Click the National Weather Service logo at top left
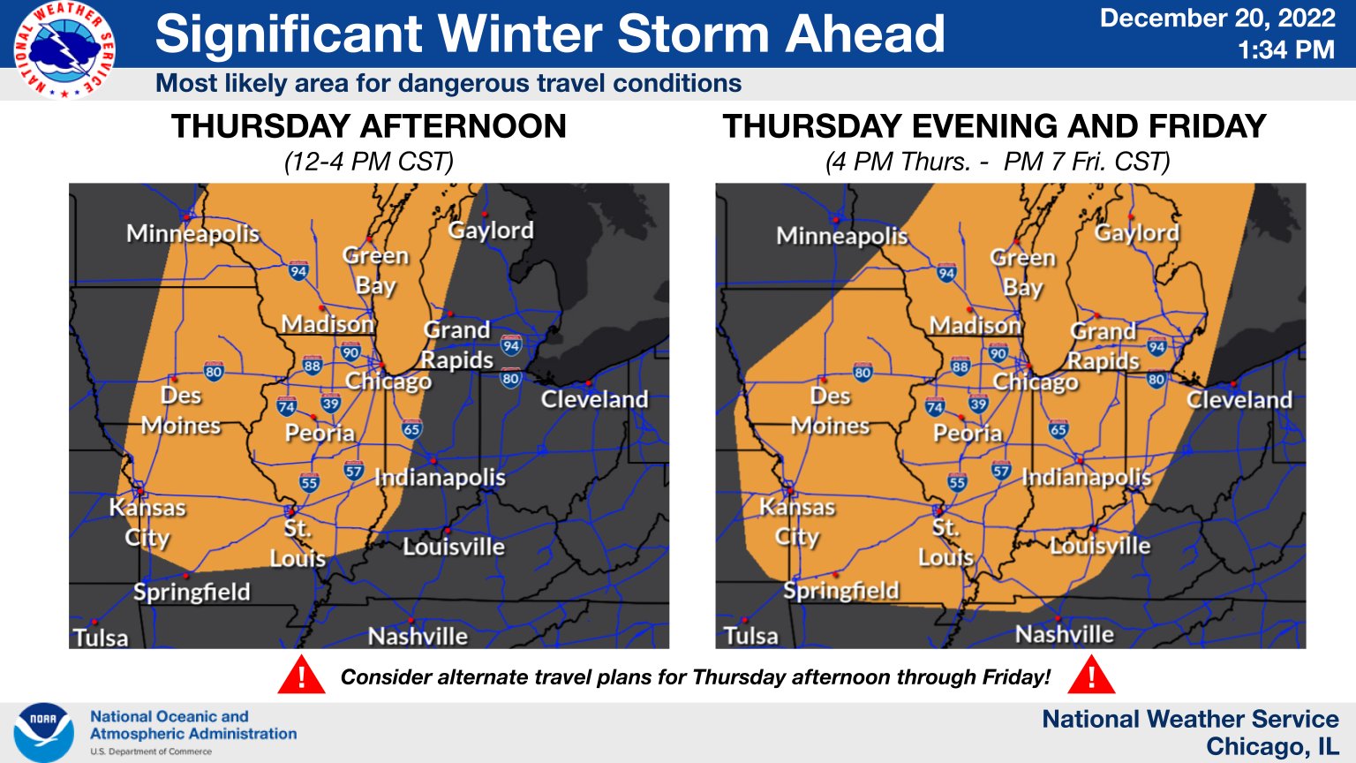[64, 49]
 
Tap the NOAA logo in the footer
[43, 732]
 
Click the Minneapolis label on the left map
[192, 234]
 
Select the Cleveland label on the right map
[1239, 400]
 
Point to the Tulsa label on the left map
[101, 638]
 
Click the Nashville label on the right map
[1064, 634]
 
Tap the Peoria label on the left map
[320, 433]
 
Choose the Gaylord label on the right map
[1136, 233]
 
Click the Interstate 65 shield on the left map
[411, 429]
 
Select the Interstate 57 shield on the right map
[1001, 471]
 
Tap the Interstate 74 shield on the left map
[286, 406]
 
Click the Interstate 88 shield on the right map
[960, 366]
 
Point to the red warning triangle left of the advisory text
[301, 676]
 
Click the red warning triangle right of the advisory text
[1091, 676]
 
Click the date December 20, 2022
[1218, 19]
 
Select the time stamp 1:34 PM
[1285, 50]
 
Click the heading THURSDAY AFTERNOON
[369, 126]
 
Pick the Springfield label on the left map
[192, 592]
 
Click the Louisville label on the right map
[1100, 545]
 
